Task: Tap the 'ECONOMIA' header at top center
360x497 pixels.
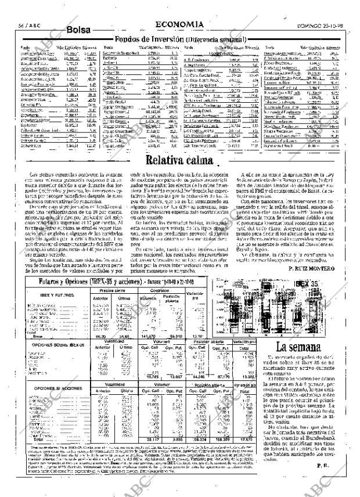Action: tap(179, 24)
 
